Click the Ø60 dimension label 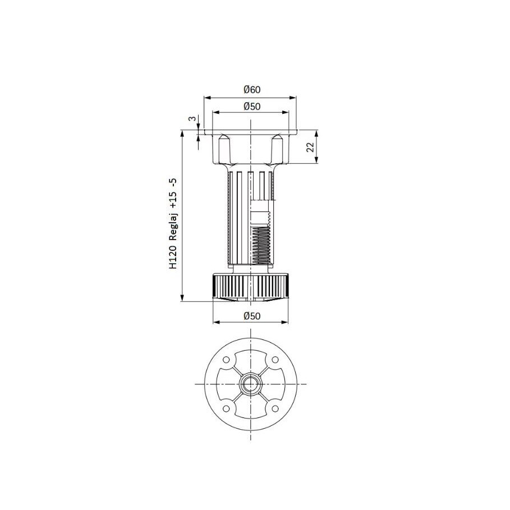click(252, 90)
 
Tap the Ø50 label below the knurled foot click(252, 316)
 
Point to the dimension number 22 click(310, 147)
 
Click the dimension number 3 click(191, 119)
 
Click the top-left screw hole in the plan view click(227, 360)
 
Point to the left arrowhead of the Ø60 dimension click(206, 97)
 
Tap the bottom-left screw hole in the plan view click(227, 408)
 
